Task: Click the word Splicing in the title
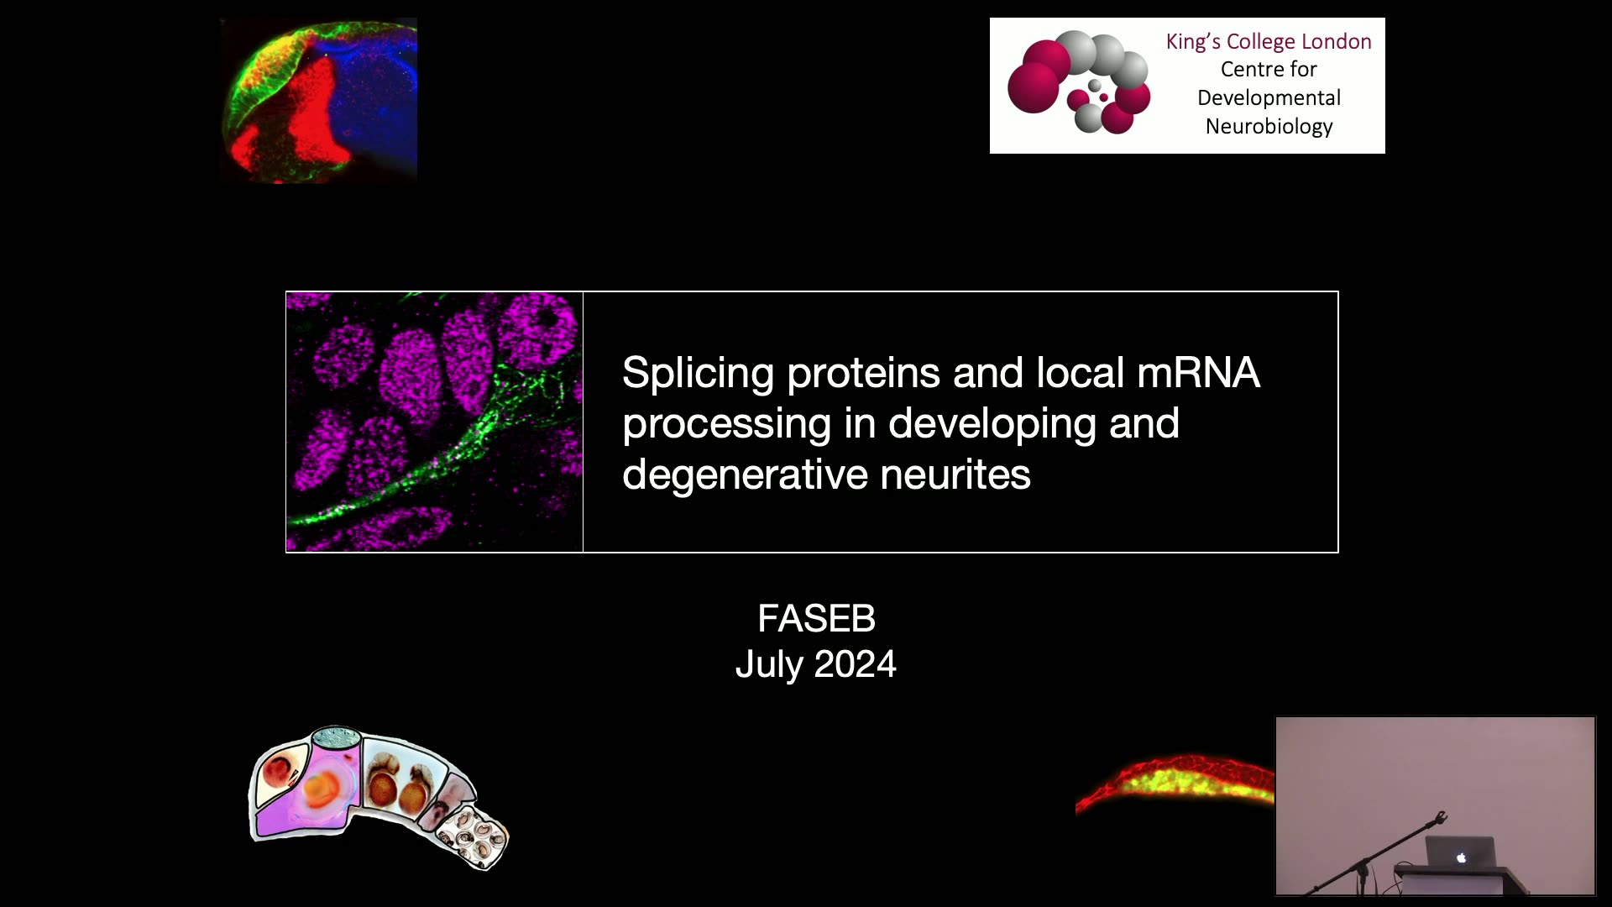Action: [x=698, y=374]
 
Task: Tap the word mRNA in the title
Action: [x=1198, y=373]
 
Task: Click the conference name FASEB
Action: [x=816, y=619]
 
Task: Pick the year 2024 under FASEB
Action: [x=855, y=664]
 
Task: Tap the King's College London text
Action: [x=1269, y=42]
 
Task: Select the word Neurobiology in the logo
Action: [x=1269, y=127]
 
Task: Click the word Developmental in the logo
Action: [x=1269, y=98]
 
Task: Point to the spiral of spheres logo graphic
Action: [x=1079, y=82]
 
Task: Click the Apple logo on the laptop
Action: [x=1461, y=857]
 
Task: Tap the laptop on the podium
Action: [x=1460, y=853]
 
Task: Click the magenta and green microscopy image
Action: [x=434, y=422]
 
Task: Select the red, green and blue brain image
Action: [x=318, y=100]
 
